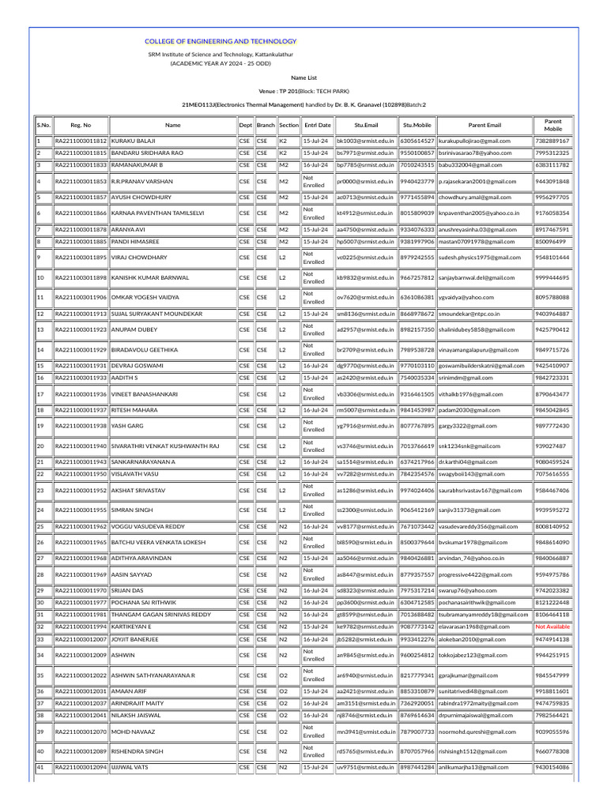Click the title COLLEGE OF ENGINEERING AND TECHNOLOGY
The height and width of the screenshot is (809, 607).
(x=221, y=41)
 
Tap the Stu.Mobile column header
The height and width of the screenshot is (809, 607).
(x=417, y=124)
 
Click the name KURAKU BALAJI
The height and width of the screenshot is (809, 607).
(x=133, y=141)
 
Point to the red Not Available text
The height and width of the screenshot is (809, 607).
(x=552, y=627)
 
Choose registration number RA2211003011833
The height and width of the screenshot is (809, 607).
(x=80, y=165)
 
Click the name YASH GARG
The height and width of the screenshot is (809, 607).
(x=127, y=426)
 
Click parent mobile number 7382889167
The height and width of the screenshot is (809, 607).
(x=552, y=141)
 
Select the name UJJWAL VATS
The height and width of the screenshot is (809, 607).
(x=130, y=767)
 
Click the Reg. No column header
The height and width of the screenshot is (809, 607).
(x=81, y=124)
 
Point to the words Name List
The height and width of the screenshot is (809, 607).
(x=303, y=78)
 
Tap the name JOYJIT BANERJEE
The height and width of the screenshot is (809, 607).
(x=137, y=639)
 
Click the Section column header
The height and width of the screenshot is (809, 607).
(x=288, y=124)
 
